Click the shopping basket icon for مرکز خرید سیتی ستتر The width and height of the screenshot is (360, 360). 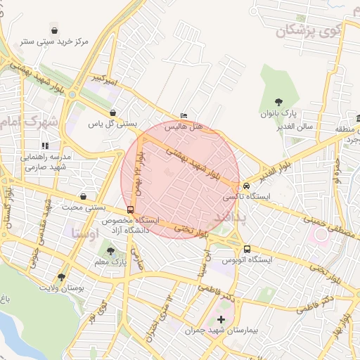click(x=55, y=30)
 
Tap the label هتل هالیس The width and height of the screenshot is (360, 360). click(x=184, y=127)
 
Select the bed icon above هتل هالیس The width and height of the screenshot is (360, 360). click(x=184, y=115)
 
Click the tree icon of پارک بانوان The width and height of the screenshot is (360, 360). click(x=278, y=102)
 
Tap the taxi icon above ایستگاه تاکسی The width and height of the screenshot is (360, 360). click(x=246, y=186)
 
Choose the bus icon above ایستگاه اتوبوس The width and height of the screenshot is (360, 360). click(x=247, y=249)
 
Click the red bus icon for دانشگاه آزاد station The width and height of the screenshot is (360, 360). click(x=130, y=210)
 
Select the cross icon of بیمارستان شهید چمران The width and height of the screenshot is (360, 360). click(x=221, y=320)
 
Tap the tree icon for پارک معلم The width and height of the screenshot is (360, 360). click(x=110, y=251)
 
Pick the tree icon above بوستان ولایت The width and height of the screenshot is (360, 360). click(x=61, y=277)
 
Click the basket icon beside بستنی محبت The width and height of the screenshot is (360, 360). click(x=84, y=197)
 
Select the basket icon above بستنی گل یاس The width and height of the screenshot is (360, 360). click(x=112, y=112)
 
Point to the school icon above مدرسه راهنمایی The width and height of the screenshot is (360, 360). click(x=46, y=146)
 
